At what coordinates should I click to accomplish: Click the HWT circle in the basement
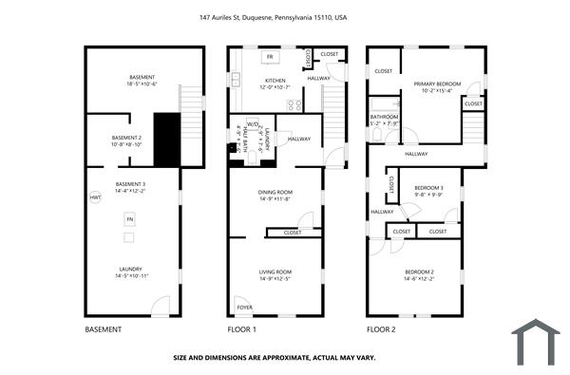pos(95,197)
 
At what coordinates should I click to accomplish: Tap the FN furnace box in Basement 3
pos(129,220)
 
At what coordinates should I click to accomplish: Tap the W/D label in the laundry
pos(251,126)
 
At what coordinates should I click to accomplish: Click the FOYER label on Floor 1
pos(245,307)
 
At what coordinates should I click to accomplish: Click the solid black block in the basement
pos(167,140)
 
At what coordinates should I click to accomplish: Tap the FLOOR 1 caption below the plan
pos(241,329)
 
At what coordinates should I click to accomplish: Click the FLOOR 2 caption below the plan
pos(382,329)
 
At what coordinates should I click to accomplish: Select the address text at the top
pos(285,16)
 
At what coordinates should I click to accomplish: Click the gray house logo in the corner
pos(537,342)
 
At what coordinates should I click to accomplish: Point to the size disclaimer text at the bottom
pos(274,358)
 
